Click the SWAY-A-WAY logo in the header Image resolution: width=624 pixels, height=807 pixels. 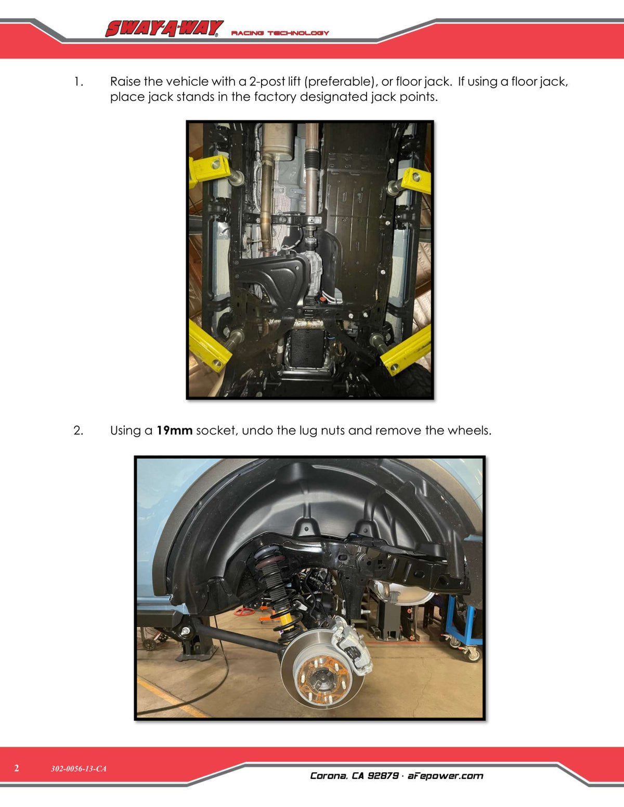point(164,29)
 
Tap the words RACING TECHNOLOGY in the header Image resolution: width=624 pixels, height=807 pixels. point(280,33)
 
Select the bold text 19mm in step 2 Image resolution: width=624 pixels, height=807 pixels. point(174,430)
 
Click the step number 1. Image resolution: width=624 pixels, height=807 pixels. point(78,82)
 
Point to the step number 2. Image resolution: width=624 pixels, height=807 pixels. point(78,430)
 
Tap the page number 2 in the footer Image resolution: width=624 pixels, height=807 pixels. point(16,768)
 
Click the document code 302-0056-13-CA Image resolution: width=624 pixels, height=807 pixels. point(79,769)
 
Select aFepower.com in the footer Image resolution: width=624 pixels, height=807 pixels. point(445,775)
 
